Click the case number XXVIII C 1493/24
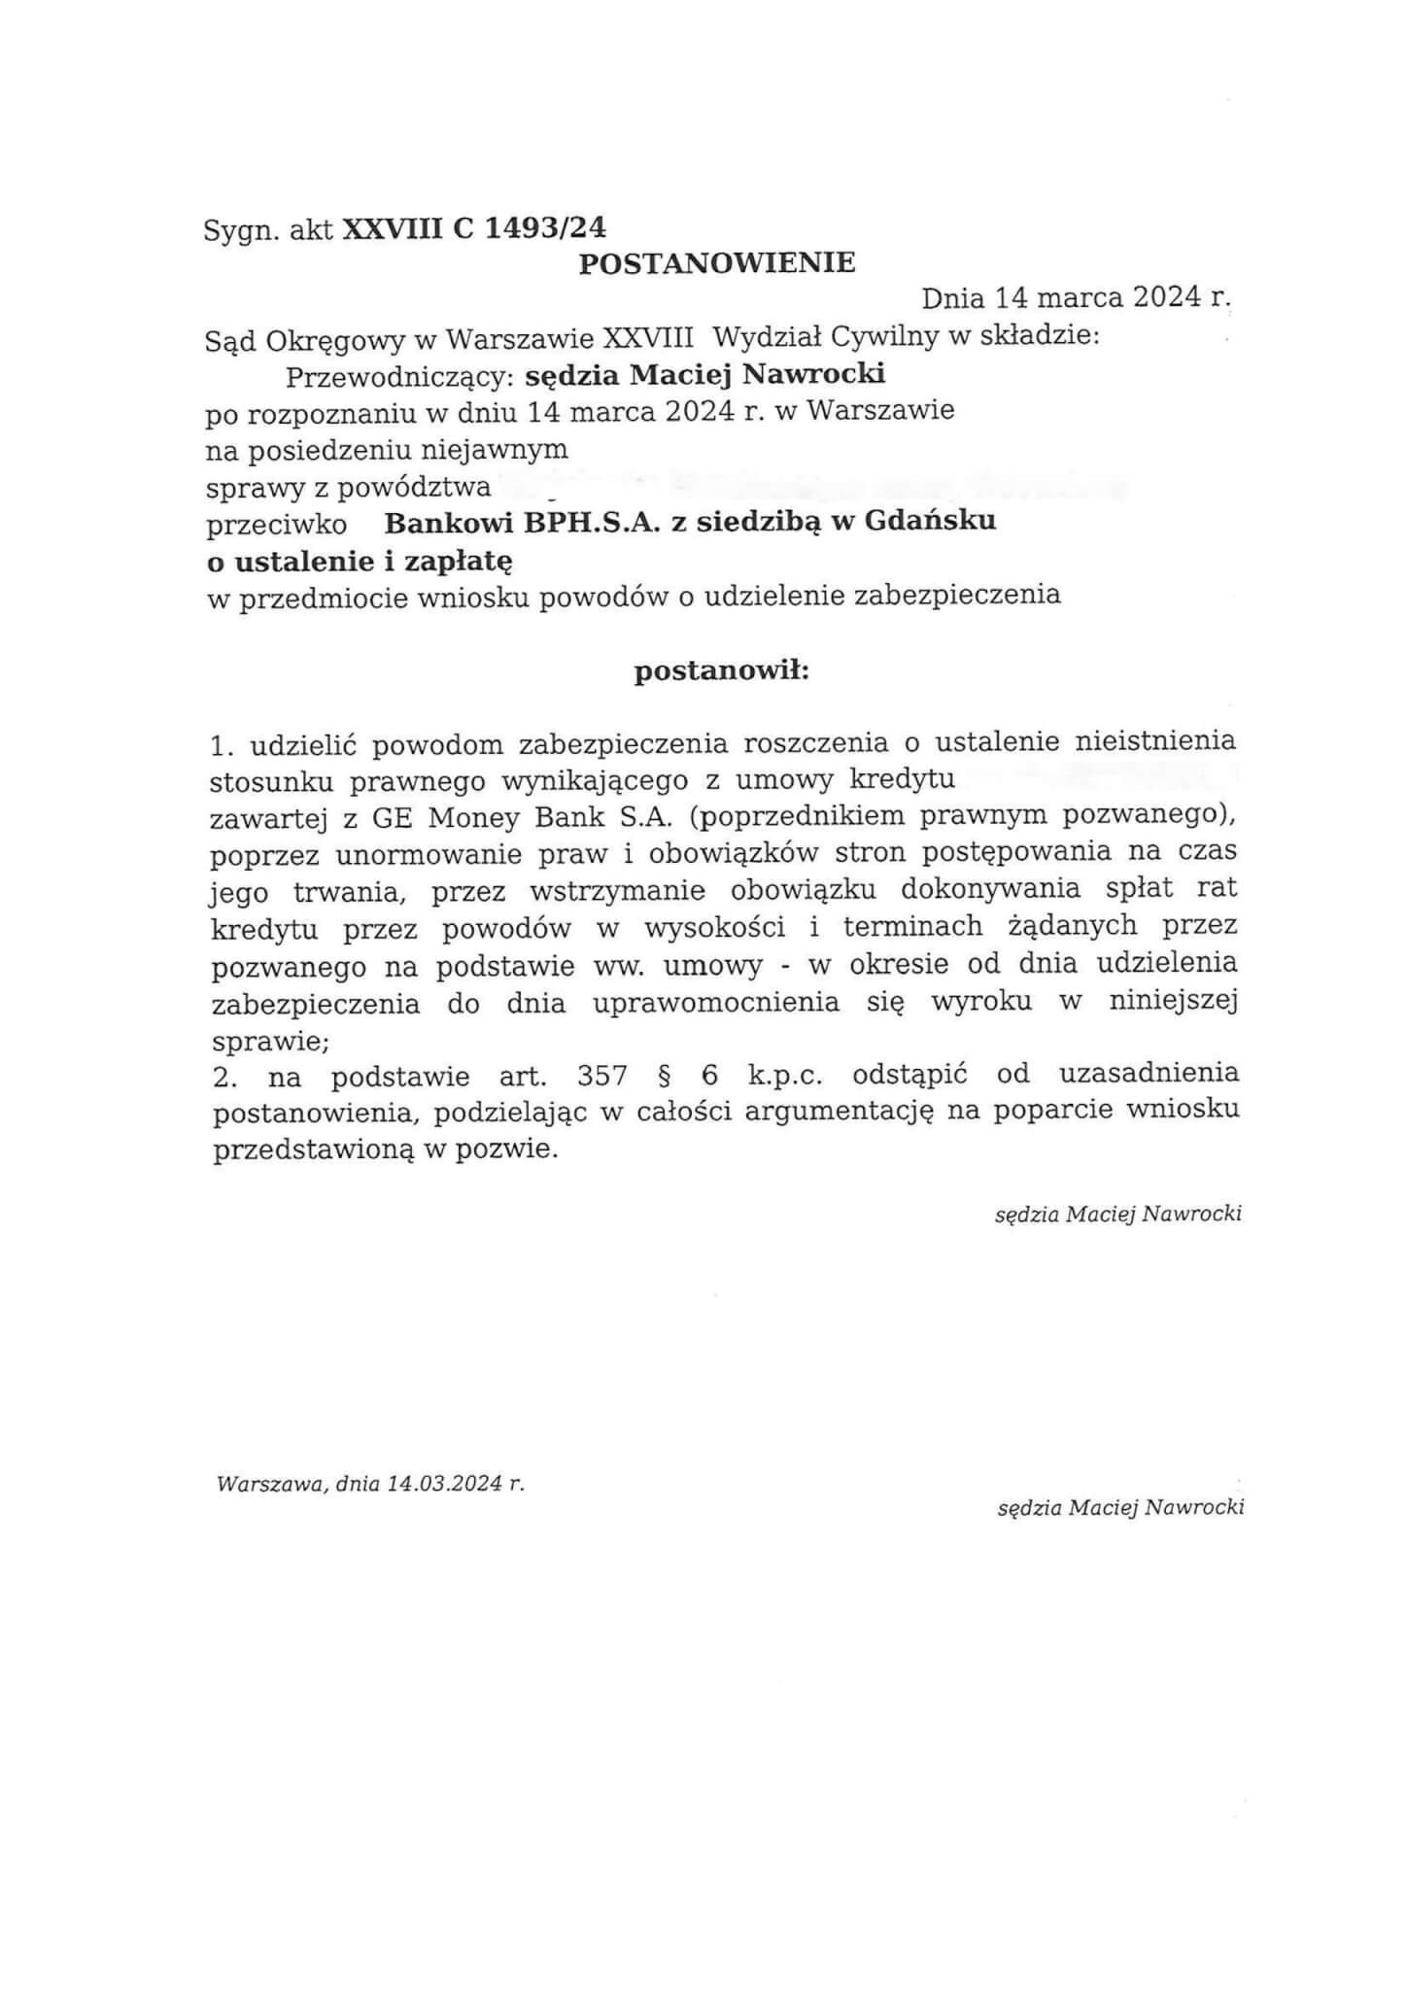point(473,228)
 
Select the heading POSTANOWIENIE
point(717,262)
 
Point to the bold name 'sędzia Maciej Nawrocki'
point(704,374)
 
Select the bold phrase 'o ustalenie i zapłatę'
point(360,561)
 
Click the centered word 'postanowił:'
point(721,671)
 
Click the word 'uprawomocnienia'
point(716,1003)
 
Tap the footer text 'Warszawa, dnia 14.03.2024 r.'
point(371,1485)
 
